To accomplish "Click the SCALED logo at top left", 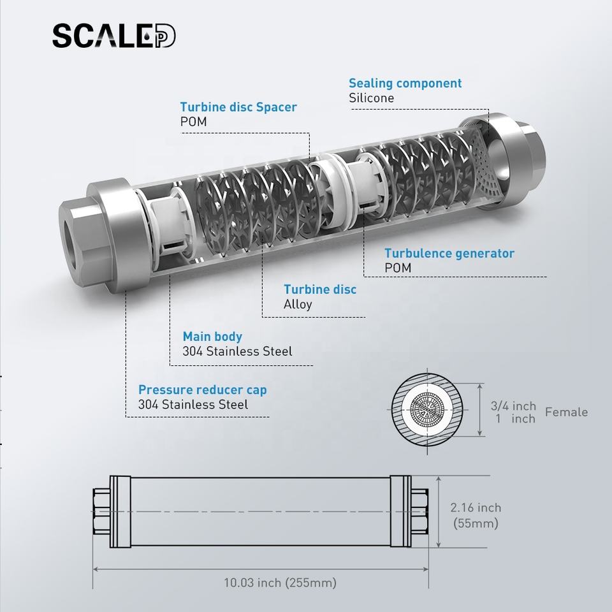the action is click(x=114, y=36).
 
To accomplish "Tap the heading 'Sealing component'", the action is click(x=405, y=83).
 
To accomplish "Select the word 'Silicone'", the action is click(x=371, y=98).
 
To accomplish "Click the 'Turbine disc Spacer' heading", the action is click(x=238, y=107).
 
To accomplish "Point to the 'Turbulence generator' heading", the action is click(x=449, y=253).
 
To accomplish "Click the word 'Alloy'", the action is click(x=298, y=305).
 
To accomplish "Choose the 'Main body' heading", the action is click(x=212, y=337).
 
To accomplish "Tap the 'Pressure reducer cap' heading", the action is click(x=203, y=390).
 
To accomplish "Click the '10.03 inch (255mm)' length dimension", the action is click(x=280, y=583).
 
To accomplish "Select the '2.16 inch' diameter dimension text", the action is click(x=476, y=507).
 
